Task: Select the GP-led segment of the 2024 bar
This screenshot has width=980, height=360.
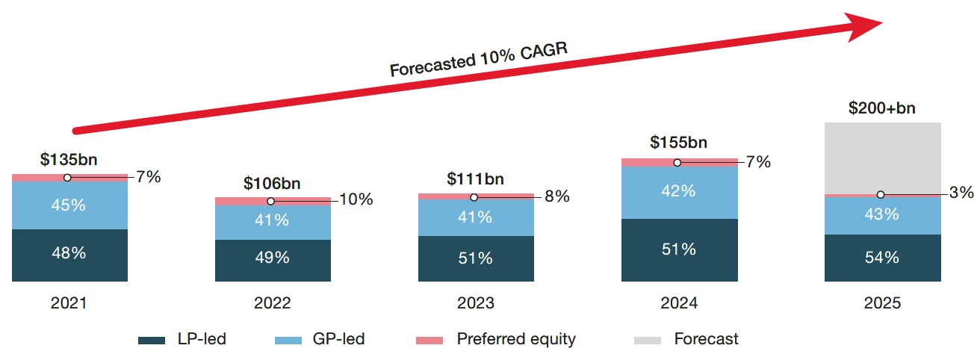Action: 679,192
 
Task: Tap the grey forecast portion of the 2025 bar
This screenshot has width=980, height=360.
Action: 882,157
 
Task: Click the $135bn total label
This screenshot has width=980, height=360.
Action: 69,159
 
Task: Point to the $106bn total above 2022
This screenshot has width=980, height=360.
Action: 272,183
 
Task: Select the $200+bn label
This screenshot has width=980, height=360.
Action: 882,108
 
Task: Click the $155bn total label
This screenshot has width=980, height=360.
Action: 678,143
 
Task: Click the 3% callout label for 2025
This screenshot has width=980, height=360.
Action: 962,193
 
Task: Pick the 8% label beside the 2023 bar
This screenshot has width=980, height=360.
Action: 556,197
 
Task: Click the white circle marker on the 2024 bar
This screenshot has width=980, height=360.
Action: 677,162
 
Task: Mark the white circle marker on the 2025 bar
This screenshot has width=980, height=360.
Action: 881,194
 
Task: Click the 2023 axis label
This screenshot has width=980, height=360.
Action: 476,303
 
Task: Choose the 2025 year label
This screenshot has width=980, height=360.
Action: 882,303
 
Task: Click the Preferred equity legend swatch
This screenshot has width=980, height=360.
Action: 429,340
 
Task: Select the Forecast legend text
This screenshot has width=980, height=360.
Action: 706,339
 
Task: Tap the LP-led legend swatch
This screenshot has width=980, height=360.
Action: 152,340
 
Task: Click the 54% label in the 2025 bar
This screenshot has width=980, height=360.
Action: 882,258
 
